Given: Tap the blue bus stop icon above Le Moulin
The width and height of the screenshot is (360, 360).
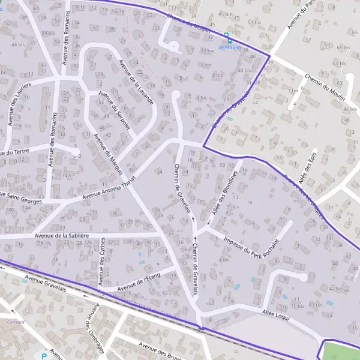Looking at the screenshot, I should coord(226,35).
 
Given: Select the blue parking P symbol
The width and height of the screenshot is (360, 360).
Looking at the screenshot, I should coord(44,356).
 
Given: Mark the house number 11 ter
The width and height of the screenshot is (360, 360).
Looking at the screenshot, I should coord(315,304).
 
